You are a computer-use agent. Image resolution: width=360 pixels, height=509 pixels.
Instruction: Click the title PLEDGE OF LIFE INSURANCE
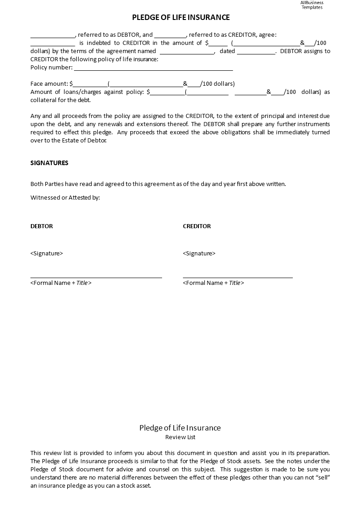(181, 18)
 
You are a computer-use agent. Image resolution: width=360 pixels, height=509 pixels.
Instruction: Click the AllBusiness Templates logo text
(312, 5)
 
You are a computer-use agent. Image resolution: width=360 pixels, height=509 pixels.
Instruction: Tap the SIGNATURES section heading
(49, 163)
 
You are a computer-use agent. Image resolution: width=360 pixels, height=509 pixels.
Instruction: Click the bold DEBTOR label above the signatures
(42, 226)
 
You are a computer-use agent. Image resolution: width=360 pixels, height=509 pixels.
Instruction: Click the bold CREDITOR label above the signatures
(197, 226)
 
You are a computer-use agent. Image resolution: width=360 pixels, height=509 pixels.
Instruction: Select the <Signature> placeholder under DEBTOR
(47, 253)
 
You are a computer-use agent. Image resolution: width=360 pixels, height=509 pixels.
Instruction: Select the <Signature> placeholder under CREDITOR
(199, 253)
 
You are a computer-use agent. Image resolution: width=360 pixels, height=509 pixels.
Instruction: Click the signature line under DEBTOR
(96, 277)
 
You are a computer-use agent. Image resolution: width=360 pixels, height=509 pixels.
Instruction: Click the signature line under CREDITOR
(238, 277)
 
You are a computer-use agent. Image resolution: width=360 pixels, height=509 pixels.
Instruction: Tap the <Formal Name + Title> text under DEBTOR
(61, 283)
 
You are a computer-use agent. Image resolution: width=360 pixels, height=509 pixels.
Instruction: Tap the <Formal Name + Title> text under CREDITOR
(213, 283)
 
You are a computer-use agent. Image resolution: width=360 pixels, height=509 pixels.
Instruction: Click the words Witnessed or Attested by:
(65, 197)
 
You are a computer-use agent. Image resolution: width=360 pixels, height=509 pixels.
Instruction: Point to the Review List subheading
(180, 437)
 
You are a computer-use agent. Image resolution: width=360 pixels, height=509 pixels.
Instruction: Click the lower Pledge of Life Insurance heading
(180, 428)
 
